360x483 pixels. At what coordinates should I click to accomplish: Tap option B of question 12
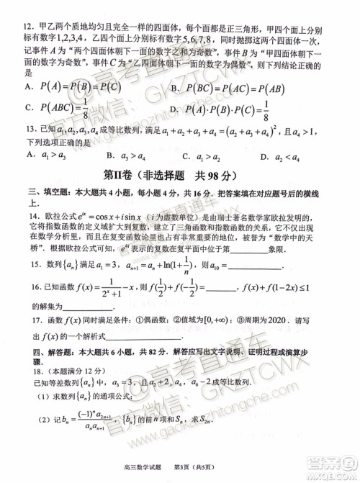(x=175, y=88)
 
